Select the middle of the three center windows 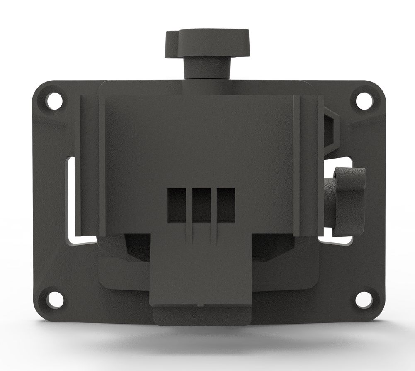coord(201,205)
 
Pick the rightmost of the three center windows coord(226,205)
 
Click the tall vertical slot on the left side coord(69,199)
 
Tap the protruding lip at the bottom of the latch coord(202,315)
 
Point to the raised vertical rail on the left coord(88,166)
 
